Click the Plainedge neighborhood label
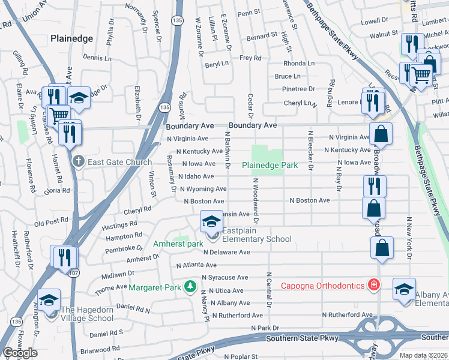[x=71, y=38]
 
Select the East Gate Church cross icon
[x=78, y=161]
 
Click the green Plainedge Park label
[x=270, y=165]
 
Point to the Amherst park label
[x=178, y=244]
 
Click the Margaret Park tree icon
[x=190, y=287]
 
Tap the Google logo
[x=20, y=353]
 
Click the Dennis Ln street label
[x=97, y=58]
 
